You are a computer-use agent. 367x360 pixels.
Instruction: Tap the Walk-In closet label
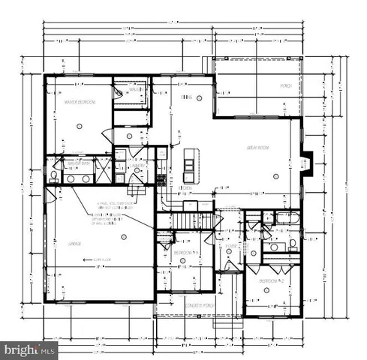click(135, 90)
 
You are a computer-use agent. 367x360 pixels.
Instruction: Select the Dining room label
click(186, 97)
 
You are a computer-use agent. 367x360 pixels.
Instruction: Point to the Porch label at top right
click(286, 86)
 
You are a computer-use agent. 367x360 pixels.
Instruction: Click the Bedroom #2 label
click(270, 281)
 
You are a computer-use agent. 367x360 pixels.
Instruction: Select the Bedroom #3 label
click(185, 253)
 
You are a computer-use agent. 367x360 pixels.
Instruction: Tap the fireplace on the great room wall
click(305, 163)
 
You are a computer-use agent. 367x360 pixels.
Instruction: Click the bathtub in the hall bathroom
click(285, 218)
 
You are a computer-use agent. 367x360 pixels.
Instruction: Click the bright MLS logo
click(29, 349)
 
